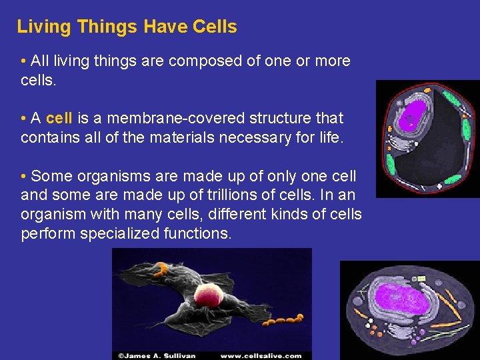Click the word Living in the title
(45, 27)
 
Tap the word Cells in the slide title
(214, 27)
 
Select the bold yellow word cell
(59, 119)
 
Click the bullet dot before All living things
(24, 61)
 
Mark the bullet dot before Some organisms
(24, 177)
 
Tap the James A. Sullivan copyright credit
(157, 355)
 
